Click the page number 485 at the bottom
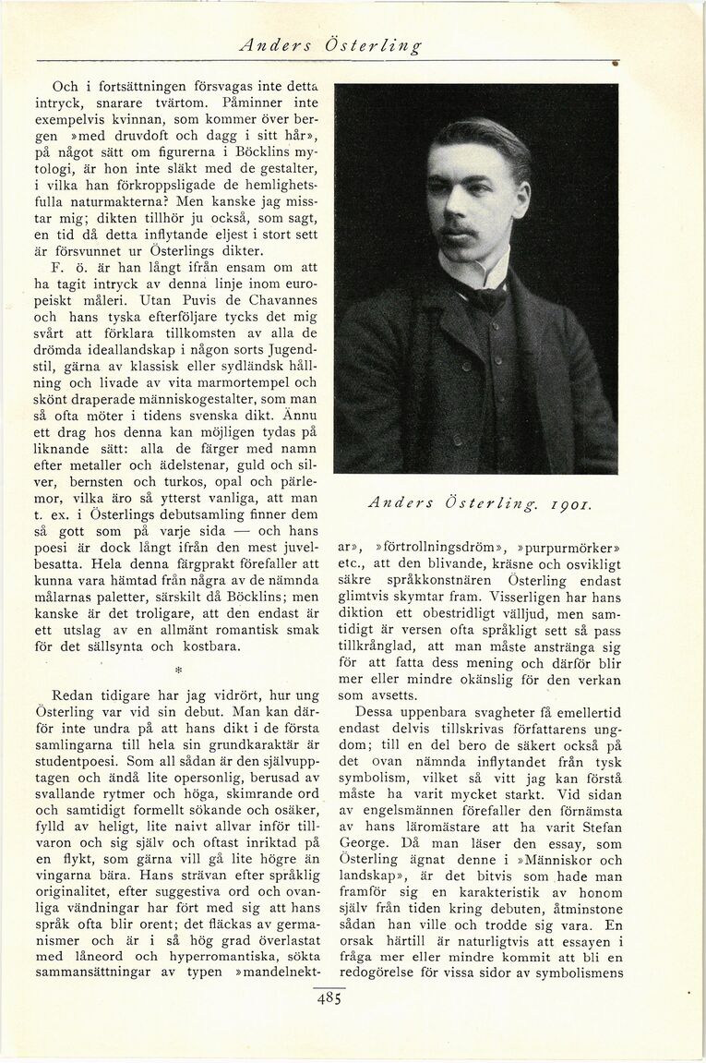(328, 999)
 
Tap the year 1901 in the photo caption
(565, 503)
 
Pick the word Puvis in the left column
(167, 302)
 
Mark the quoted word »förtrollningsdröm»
(436, 535)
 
